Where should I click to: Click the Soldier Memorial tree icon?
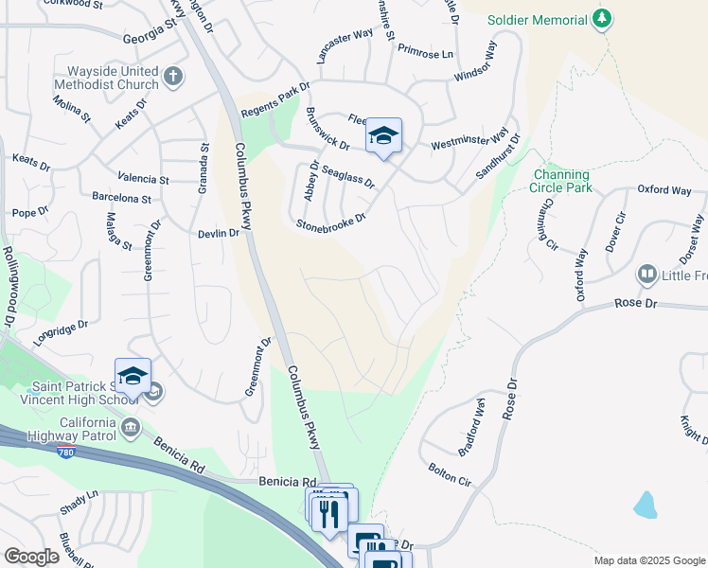click(x=601, y=19)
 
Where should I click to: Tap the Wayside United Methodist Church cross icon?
click(x=172, y=76)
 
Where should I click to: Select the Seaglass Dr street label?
click(x=348, y=174)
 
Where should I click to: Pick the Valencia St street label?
click(x=143, y=178)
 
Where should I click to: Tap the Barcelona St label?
click(x=121, y=199)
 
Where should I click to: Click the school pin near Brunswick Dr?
click(x=383, y=137)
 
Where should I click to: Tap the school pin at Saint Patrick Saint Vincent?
click(x=133, y=377)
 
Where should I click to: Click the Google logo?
click(x=31, y=557)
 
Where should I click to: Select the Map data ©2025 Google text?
click(x=648, y=560)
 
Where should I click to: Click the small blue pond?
click(x=646, y=504)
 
